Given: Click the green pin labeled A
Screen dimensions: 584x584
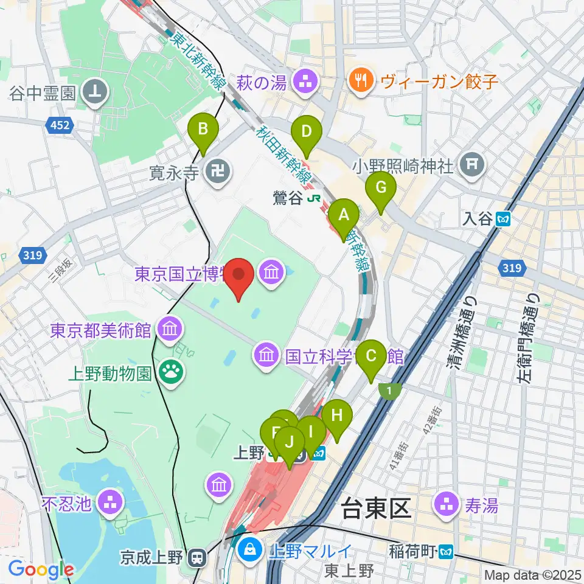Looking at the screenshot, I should coord(344,217).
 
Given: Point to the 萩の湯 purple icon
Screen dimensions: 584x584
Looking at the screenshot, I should coord(302,80).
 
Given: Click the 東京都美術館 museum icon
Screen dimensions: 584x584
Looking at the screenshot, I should coord(168,331).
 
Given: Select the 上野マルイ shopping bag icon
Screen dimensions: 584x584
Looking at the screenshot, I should coord(249,552).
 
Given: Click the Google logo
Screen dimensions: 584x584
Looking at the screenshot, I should coord(41,569).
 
